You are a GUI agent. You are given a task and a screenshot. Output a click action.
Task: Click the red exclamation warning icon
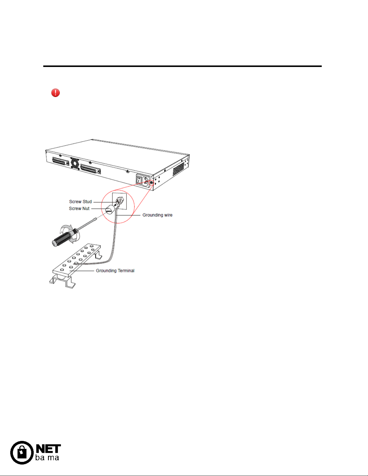point(55,93)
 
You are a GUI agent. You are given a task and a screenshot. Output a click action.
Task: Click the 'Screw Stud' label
point(81,202)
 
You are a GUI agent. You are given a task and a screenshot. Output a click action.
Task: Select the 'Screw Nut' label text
point(79,208)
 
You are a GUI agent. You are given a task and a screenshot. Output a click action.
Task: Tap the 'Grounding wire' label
point(157,215)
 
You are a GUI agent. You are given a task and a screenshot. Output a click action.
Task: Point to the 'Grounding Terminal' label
point(115,271)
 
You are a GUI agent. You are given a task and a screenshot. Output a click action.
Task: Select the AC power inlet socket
point(146,182)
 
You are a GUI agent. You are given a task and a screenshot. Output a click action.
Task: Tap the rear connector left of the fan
point(61,162)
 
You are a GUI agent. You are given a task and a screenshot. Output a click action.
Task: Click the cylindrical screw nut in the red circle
point(109,209)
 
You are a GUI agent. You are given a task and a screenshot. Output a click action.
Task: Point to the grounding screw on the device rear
point(151,182)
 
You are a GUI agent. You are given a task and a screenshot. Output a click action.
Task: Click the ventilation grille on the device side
point(178,169)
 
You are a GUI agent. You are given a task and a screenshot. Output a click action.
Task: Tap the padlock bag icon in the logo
point(22,453)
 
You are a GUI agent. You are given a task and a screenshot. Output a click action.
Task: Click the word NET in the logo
point(48,449)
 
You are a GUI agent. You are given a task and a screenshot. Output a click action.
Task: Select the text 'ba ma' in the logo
point(47,458)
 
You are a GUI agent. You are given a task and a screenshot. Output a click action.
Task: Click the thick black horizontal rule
point(182,66)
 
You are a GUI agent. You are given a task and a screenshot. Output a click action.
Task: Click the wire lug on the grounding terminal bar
point(76,263)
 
